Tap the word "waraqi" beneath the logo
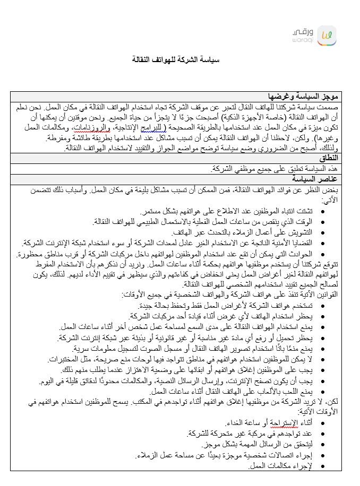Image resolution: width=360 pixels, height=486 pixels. [x=302, y=40]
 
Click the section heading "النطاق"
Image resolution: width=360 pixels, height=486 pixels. [x=329, y=159]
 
